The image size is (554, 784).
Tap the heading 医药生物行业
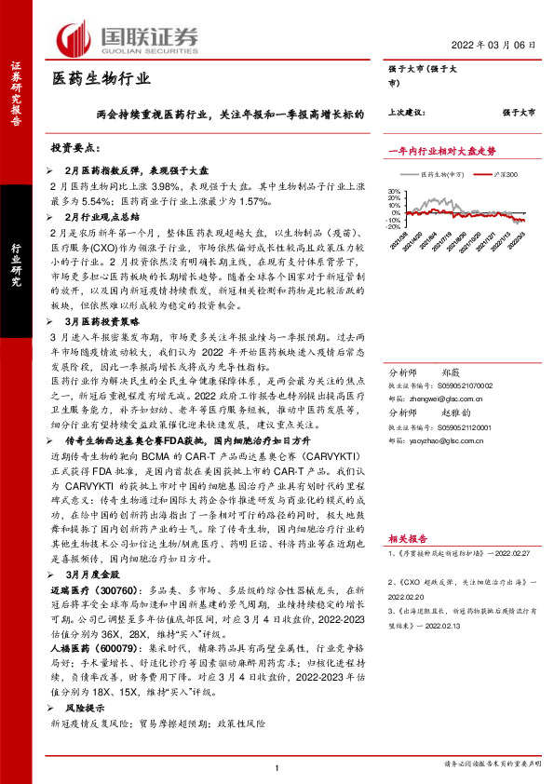tap(101, 79)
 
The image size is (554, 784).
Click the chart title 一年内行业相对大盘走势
tap(441, 150)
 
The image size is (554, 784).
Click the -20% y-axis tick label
tap(392, 226)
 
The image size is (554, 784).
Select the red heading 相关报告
tap(408, 537)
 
